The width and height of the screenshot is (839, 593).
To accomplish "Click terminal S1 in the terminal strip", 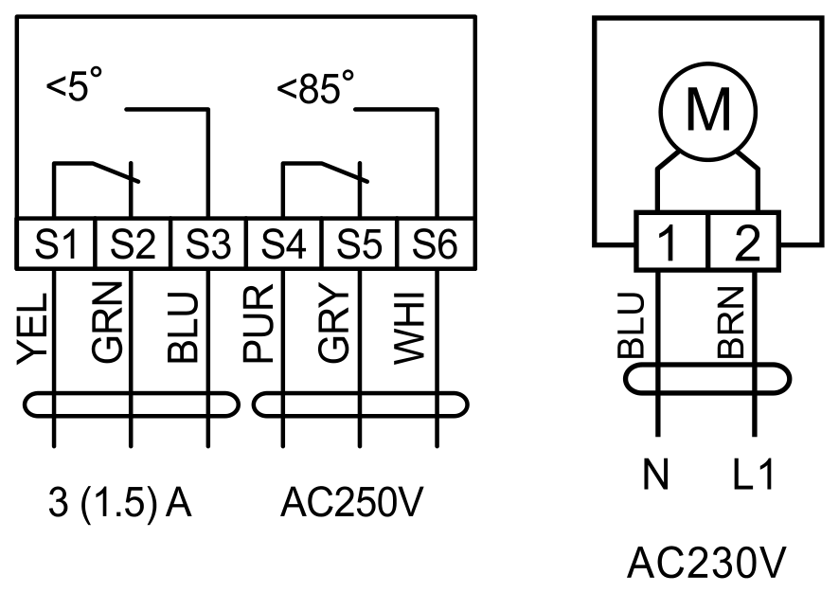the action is click(x=56, y=243).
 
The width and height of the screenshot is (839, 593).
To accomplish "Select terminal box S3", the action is click(x=208, y=243).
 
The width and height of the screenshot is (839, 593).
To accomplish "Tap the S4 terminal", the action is click(x=284, y=243).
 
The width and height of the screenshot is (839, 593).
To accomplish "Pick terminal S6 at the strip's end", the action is click(x=437, y=243).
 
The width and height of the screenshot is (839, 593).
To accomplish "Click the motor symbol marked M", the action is click(x=708, y=112).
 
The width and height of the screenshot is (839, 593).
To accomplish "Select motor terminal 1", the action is click(x=671, y=241).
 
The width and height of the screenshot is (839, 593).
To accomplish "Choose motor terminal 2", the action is click(x=744, y=241).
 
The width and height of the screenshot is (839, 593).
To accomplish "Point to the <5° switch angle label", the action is click(x=75, y=84).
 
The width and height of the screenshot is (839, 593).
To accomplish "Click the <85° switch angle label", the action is click(x=315, y=87).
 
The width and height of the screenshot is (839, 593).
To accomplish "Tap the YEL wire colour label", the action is click(x=32, y=329).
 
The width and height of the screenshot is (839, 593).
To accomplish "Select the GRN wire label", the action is click(x=108, y=322).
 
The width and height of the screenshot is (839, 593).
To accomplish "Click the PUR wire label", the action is click(x=259, y=324).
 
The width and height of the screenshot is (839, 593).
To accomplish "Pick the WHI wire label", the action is click(x=410, y=329).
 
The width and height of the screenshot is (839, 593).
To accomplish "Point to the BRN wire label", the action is click(x=731, y=323).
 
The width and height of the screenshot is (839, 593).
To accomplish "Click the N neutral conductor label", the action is click(x=655, y=475).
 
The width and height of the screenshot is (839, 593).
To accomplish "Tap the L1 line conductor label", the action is click(x=753, y=475).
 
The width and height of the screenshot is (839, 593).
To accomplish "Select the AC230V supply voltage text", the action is click(x=706, y=563).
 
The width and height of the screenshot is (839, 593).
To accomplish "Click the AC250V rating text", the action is click(x=351, y=502).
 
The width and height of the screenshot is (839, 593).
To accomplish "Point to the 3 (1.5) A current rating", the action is click(x=120, y=503).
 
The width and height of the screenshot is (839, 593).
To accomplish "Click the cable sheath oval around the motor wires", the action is click(x=707, y=365).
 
